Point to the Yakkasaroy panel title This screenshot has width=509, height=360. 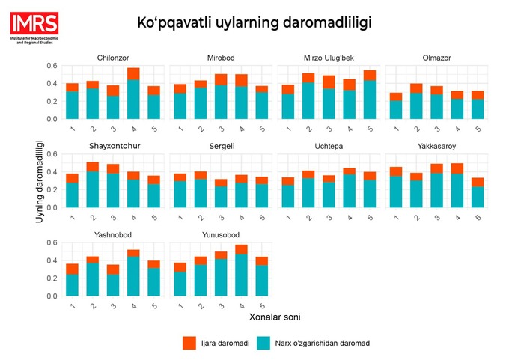pyautogui.click(x=436, y=146)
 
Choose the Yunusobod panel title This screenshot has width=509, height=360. pyautogui.click(x=220, y=235)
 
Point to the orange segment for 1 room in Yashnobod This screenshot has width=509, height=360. pyautogui.click(x=72, y=269)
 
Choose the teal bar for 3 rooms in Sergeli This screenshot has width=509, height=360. pyautogui.click(x=220, y=197)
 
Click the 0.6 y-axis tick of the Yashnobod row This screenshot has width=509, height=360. pyautogui.click(x=52, y=243)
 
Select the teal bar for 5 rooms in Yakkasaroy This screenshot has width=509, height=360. pyautogui.click(x=477, y=197)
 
